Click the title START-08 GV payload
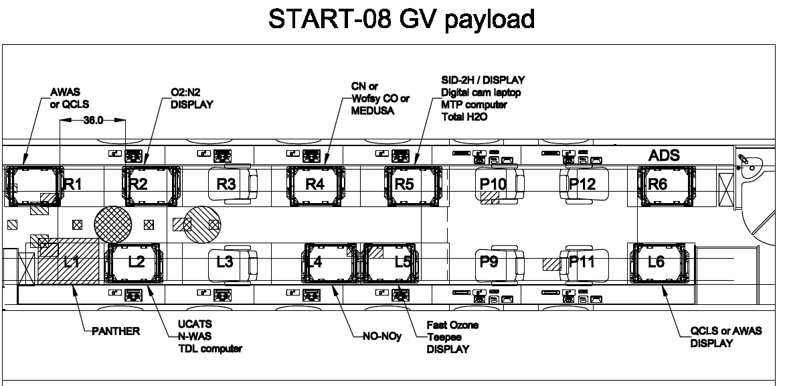(x=402, y=19)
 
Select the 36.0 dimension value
(x=93, y=121)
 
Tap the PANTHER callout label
(x=116, y=331)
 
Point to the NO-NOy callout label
(x=383, y=336)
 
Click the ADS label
(x=664, y=155)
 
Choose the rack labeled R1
(x=32, y=186)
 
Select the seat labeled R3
(x=232, y=185)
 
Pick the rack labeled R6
(x=667, y=186)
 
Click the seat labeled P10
(x=500, y=185)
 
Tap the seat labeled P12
(x=584, y=185)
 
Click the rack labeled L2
(x=133, y=263)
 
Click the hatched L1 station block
(x=68, y=261)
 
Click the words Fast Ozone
(x=452, y=325)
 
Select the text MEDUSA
(x=373, y=111)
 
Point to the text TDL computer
(x=210, y=348)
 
